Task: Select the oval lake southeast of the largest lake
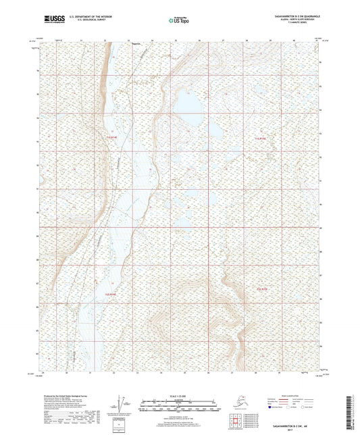pyautogui.click(x=217, y=129)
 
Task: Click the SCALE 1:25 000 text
pyautogui.click(x=180, y=396)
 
